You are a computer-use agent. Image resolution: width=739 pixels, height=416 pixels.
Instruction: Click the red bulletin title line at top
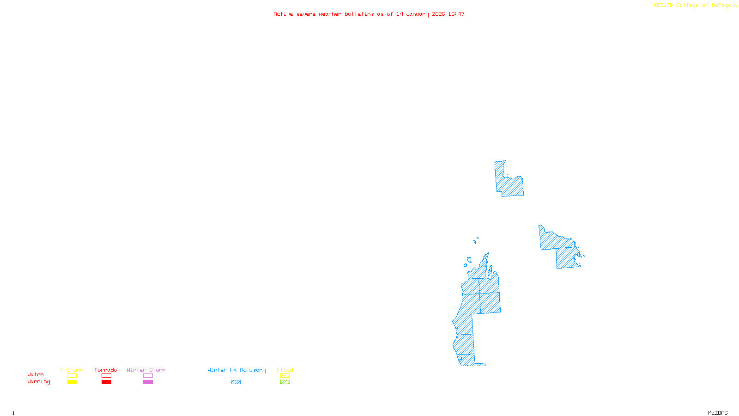coord(369,14)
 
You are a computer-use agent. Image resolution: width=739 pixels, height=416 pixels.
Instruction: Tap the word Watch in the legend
coord(36,374)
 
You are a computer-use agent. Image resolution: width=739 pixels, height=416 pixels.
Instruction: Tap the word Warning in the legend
coord(38,382)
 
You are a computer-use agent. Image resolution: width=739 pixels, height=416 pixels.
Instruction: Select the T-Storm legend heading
coord(71,370)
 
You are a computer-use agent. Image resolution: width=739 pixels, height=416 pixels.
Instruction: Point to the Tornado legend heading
coord(106,370)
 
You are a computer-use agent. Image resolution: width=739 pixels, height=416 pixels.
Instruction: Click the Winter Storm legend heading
coord(146,370)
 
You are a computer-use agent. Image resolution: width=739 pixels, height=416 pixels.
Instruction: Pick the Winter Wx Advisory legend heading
coord(236,370)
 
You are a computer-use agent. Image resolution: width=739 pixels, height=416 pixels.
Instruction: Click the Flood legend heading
coord(285,370)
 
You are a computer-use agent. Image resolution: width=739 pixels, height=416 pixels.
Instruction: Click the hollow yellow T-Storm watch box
coord(72,376)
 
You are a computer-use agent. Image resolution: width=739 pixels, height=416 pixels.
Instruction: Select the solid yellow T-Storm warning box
coord(72,382)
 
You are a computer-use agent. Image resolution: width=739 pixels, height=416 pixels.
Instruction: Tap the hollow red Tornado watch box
coord(106,376)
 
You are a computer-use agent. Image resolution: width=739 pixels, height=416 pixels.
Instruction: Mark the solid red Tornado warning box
coord(106,382)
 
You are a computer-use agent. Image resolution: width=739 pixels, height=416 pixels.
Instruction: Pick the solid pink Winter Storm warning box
coord(148,382)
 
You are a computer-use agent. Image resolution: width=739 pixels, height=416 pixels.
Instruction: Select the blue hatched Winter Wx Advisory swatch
coord(236,382)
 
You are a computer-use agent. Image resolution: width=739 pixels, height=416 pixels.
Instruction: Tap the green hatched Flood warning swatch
coord(285,382)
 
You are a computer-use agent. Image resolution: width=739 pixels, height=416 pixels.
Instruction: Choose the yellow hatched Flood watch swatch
coord(285,376)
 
